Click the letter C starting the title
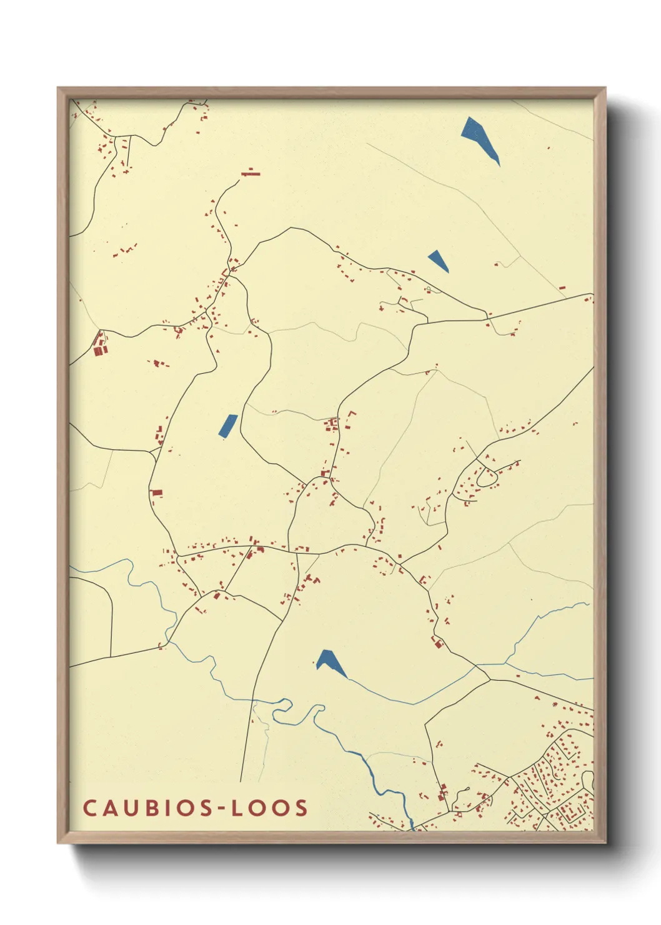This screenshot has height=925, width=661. pos(89,807)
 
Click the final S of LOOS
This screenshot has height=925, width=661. pos(301,807)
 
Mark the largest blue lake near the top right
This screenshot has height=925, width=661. pos(479,137)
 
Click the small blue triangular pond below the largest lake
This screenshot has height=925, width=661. pos(438,259)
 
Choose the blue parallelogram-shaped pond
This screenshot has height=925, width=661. pos(228,426)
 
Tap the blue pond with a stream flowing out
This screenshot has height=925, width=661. pos(329,661)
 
